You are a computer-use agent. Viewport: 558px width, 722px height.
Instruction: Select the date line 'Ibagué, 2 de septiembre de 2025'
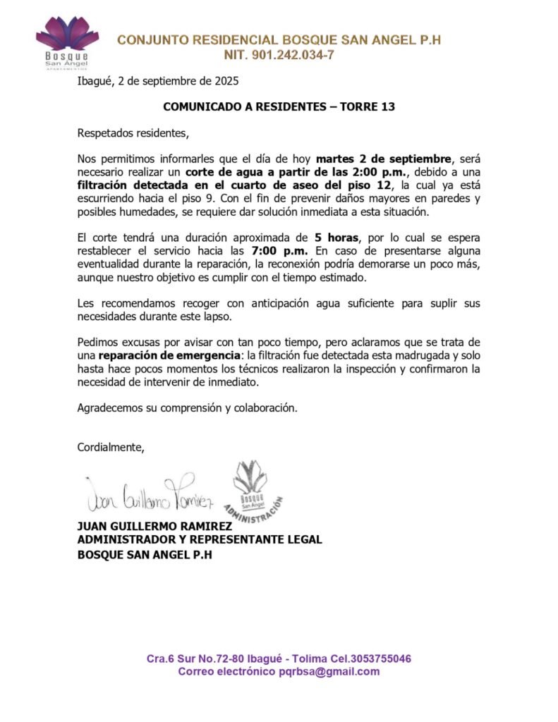(158, 80)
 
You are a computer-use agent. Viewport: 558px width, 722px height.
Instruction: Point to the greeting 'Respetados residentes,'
(133, 133)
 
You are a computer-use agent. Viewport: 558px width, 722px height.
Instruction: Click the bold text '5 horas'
(337, 238)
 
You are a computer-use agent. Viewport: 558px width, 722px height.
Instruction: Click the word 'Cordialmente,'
(111, 447)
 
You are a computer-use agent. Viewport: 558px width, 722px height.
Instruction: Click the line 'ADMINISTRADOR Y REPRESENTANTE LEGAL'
(200, 539)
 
